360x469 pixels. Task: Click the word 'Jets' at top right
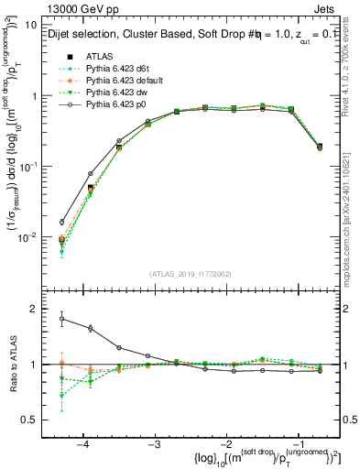327,8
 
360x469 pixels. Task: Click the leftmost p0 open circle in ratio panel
62,319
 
